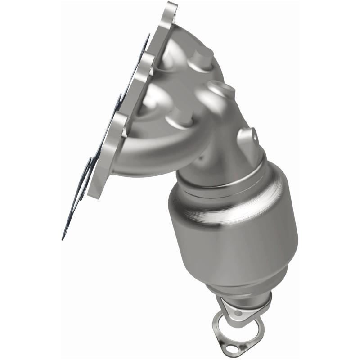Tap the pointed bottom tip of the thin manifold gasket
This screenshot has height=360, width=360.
pyautogui.click(x=63, y=238)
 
